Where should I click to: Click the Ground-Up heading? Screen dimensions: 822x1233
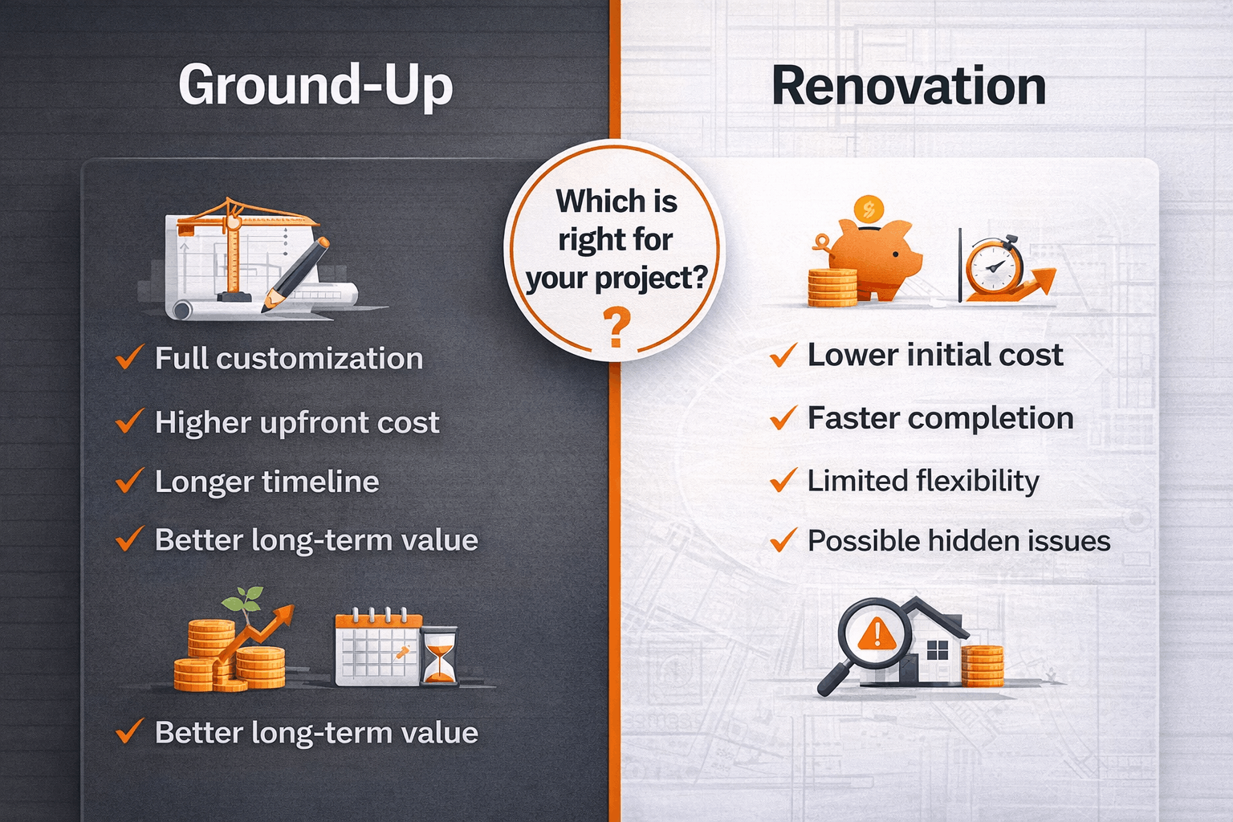coord(315,85)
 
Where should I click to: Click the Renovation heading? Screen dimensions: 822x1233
coord(909,87)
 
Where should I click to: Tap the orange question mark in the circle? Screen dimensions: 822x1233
coord(616,328)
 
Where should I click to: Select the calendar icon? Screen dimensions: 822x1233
coord(376,649)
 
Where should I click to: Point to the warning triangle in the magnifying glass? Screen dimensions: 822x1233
coord(877,634)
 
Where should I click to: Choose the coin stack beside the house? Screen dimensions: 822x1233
coord(983,665)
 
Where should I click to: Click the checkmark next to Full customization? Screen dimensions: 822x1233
coord(129,357)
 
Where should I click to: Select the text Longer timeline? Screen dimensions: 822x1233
coord(267,482)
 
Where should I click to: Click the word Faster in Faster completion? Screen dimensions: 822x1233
coord(853,418)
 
